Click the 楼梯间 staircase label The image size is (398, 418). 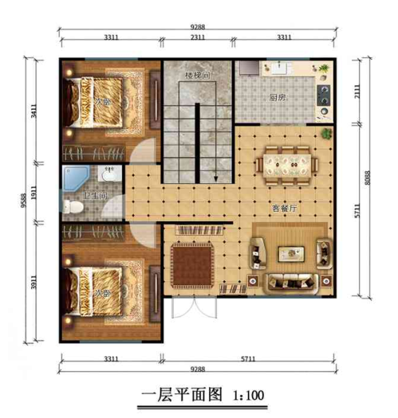196,76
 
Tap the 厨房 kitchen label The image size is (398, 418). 278,97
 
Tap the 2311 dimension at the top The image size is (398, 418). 198,37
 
